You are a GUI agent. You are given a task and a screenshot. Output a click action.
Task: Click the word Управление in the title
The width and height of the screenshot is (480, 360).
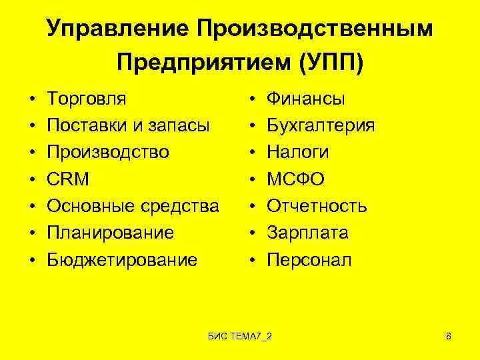click(x=116, y=29)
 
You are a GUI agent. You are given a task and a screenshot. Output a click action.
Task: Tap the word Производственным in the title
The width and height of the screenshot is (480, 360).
click(x=312, y=29)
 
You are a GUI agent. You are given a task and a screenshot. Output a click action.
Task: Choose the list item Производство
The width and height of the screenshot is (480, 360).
click(x=107, y=153)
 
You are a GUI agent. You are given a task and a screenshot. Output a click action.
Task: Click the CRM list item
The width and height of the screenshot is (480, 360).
click(x=67, y=179)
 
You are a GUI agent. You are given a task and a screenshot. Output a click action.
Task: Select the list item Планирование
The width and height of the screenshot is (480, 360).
click(x=110, y=233)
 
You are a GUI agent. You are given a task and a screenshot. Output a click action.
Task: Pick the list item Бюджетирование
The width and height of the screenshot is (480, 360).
click(x=122, y=259)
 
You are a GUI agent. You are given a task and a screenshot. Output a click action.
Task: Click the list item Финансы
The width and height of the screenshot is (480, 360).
click(x=306, y=99)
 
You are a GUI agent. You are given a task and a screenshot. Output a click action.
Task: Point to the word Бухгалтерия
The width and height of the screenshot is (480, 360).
click(x=321, y=126)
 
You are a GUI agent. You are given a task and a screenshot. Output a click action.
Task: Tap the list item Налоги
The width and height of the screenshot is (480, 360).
click(x=298, y=153)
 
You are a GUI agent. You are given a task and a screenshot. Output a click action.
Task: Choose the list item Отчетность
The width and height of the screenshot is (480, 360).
click(x=317, y=206)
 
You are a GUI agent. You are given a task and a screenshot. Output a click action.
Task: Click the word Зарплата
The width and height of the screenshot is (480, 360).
click(x=308, y=233)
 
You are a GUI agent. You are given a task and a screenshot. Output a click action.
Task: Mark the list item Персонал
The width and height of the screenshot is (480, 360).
click(x=309, y=259)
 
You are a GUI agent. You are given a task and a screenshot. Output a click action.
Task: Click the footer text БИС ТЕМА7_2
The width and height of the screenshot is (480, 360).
click(x=241, y=333)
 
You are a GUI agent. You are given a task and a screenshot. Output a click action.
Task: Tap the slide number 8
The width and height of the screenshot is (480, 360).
click(x=449, y=333)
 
